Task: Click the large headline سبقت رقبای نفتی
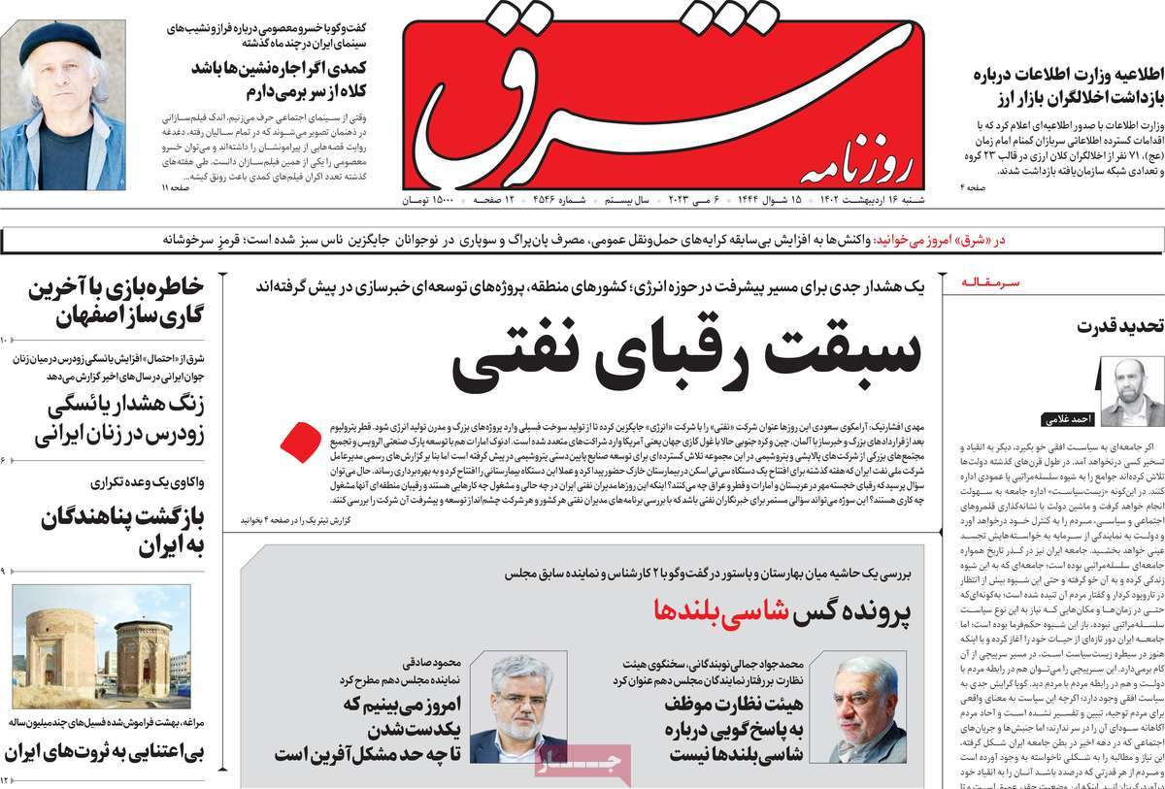[685, 353]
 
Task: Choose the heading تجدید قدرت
[1119, 326]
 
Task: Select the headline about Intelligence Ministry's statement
[1065, 86]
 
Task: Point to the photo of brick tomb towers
[101, 646]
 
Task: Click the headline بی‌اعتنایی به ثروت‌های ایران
[103, 752]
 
